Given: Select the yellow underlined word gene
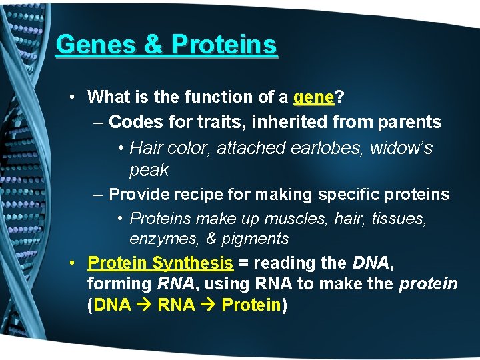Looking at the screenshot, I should coord(314,97).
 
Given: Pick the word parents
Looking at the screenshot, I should coord(409,123).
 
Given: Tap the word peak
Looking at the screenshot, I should coord(149,170).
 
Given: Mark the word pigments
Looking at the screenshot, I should coord(257,239).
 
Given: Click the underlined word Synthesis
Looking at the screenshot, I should coord(193,263).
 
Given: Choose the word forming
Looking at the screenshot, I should coord(119,284).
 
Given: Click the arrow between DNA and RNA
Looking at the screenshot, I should coord(145,305).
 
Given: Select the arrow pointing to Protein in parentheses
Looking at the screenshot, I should coord(208,305).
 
